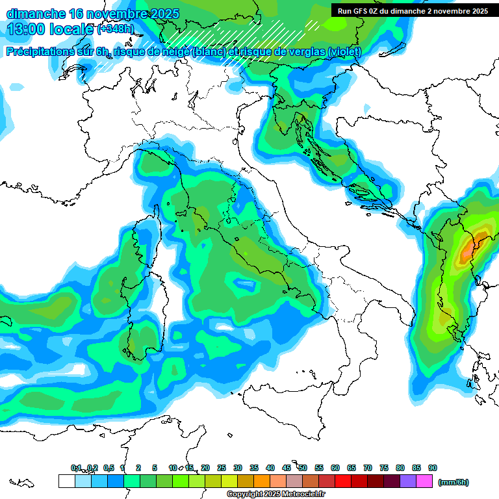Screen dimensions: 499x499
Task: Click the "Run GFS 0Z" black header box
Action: tap(413, 11)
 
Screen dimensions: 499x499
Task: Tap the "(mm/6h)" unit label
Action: tap(453, 482)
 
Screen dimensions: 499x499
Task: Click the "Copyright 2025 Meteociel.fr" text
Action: tap(275, 494)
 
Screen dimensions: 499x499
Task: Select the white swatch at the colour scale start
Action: tap(66, 481)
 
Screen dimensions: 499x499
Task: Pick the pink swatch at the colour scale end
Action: tap(424, 481)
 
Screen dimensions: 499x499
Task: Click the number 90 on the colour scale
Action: tap(433, 468)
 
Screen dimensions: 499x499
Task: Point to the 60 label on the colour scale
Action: tap(335, 468)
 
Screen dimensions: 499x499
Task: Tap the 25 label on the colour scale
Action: tap(222, 468)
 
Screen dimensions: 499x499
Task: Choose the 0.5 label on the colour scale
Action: tap(108, 468)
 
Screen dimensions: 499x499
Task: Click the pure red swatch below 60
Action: tap(343, 481)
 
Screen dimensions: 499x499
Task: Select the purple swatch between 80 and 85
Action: tap(408, 481)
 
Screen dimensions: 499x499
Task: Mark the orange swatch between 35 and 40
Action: tap(262, 481)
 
